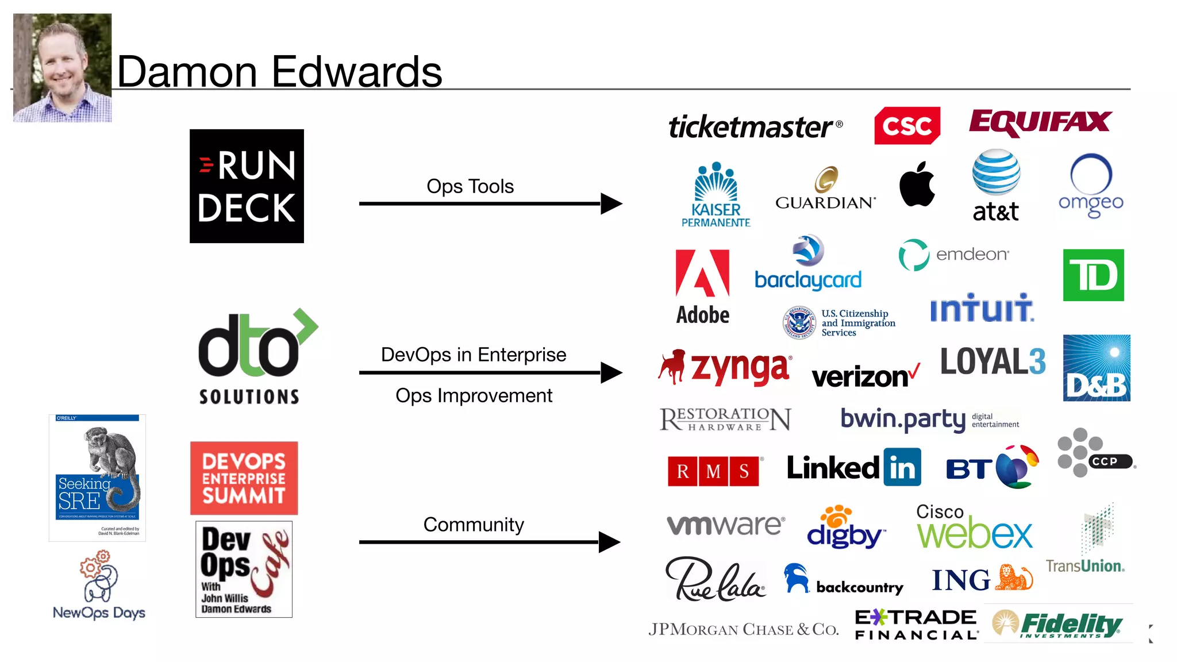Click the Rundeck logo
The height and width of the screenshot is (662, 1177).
pyautogui.click(x=247, y=186)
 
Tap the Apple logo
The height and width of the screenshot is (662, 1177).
pyautogui.click(x=917, y=184)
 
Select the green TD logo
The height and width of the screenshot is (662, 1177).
pyautogui.click(x=1093, y=275)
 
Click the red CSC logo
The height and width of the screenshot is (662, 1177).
pyautogui.click(x=907, y=125)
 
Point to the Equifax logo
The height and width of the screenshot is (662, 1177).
pyautogui.click(x=1040, y=122)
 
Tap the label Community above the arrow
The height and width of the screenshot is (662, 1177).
pyautogui.click(x=474, y=524)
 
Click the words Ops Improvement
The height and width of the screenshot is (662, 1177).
pyautogui.click(x=474, y=395)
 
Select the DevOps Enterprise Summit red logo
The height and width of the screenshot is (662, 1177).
pyautogui.click(x=244, y=478)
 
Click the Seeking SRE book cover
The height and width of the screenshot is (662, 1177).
pyautogui.click(x=97, y=478)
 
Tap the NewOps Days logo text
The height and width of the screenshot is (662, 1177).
pyautogui.click(x=99, y=613)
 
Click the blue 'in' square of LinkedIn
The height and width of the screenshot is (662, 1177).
pyautogui.click(x=902, y=467)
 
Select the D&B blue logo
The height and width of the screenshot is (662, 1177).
pyautogui.click(x=1096, y=368)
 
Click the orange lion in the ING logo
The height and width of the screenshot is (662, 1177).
pyautogui.click(x=1014, y=578)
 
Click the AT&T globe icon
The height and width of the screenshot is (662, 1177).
pyautogui.click(x=996, y=172)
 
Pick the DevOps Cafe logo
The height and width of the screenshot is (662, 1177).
pyautogui.click(x=244, y=569)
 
